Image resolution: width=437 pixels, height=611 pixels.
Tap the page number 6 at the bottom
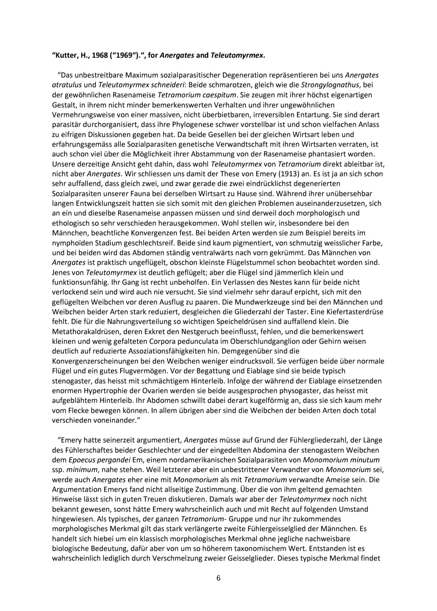pos(218,578)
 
